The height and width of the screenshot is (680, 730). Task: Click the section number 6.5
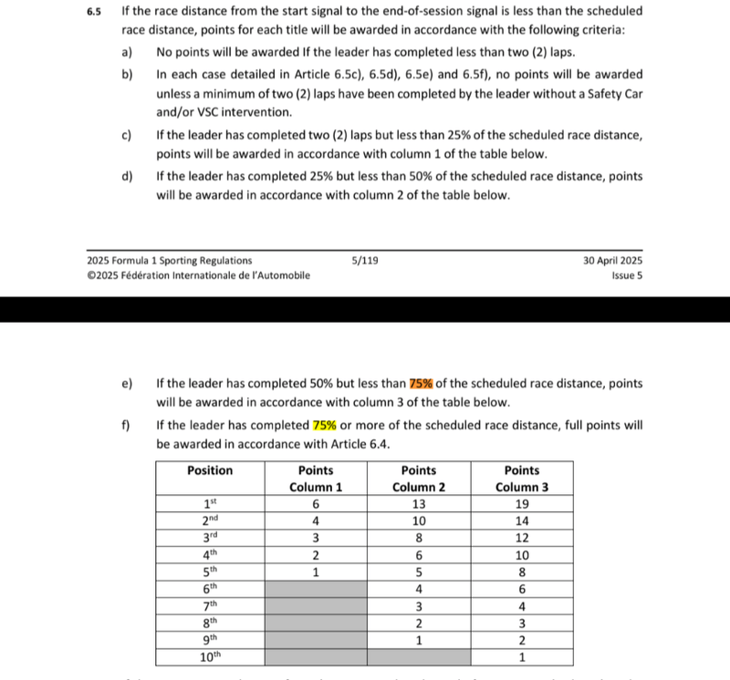pyautogui.click(x=94, y=12)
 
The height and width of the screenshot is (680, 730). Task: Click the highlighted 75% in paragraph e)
pyautogui.click(x=421, y=384)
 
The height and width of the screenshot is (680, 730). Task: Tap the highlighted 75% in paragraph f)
pyautogui.click(x=325, y=426)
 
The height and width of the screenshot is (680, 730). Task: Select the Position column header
pyautogui.click(x=210, y=470)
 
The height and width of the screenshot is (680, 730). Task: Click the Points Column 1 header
pyautogui.click(x=316, y=479)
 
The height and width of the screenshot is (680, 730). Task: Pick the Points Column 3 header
pyautogui.click(x=521, y=479)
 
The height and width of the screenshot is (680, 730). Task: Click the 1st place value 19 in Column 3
pyautogui.click(x=521, y=504)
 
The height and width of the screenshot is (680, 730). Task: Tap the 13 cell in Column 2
pyautogui.click(x=419, y=504)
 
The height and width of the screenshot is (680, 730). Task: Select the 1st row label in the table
pyautogui.click(x=210, y=504)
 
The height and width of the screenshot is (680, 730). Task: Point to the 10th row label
pyautogui.click(x=210, y=657)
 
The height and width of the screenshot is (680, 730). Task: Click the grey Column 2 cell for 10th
pyautogui.click(x=419, y=657)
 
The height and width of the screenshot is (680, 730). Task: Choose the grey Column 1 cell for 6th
pyautogui.click(x=316, y=589)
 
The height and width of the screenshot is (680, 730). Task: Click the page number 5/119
pyautogui.click(x=365, y=261)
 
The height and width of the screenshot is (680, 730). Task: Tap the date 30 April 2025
pyautogui.click(x=612, y=261)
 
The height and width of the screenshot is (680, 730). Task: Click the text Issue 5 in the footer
pyautogui.click(x=627, y=275)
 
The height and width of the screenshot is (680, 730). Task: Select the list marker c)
pyautogui.click(x=127, y=136)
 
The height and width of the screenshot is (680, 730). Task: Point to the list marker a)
pyautogui.click(x=127, y=52)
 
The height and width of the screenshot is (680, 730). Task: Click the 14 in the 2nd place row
pyautogui.click(x=521, y=521)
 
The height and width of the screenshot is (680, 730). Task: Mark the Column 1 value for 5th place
pyautogui.click(x=316, y=572)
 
